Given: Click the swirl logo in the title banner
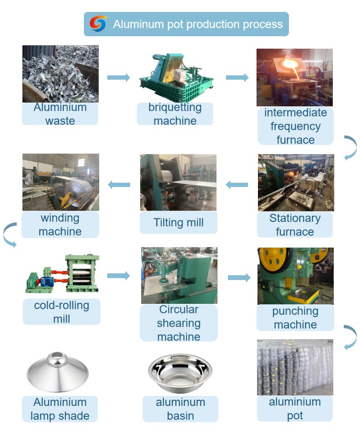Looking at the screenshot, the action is coord(98,23).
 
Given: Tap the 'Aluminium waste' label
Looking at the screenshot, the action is coord(60,114).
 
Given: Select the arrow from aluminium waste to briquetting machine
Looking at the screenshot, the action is coord(119,78).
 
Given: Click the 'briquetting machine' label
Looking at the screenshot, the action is coord(175,114).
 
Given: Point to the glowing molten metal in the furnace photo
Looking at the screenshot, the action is coord(289,65).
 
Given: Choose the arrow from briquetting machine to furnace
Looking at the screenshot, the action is coord(237,78).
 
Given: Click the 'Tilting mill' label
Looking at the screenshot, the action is coord(178,222).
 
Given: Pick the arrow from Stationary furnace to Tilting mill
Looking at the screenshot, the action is coord(237,185).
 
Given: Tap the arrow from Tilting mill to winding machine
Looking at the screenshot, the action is coord(119,185).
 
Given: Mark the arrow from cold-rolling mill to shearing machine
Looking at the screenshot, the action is coord(119,276).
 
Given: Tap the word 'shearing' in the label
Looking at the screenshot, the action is coord(179,323).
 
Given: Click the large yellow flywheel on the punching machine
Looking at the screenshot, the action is coord(274,259).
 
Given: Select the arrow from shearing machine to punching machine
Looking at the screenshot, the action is coord(239,278).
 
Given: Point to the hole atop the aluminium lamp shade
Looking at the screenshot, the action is coord(57,355).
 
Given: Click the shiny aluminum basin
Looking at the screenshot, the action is coord(180,373).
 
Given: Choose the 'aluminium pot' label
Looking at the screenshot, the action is coord(295,409).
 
